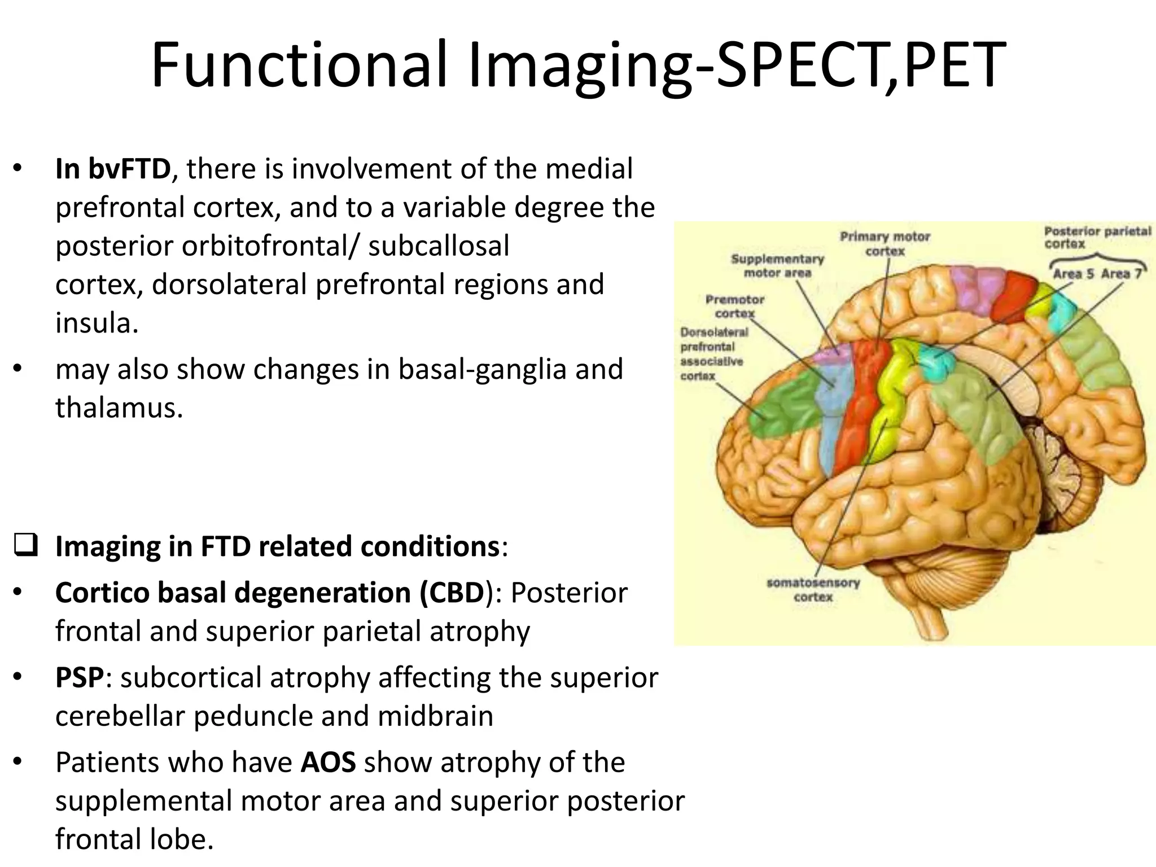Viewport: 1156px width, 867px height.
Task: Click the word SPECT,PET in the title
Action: coord(861,65)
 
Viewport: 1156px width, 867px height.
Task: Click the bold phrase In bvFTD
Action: coord(113,169)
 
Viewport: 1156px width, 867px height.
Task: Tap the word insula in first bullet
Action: coord(96,323)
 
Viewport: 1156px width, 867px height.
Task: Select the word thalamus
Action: coord(119,408)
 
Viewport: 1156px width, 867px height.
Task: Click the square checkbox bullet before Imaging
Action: coord(25,545)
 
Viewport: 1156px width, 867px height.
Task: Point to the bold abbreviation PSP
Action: coord(80,677)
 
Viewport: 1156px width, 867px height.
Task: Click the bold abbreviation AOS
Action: coord(328,762)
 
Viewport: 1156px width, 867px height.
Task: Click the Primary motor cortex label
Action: coord(884,243)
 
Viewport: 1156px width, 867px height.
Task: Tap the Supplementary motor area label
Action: coord(777,265)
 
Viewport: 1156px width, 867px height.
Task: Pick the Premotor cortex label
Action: coord(734,306)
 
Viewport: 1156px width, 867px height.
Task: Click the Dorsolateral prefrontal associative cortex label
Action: coord(713,354)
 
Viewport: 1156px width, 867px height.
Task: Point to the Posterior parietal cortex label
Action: coord(1097,237)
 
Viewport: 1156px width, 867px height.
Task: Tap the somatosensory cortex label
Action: coord(813,589)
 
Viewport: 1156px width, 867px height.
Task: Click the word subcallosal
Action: coord(439,246)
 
